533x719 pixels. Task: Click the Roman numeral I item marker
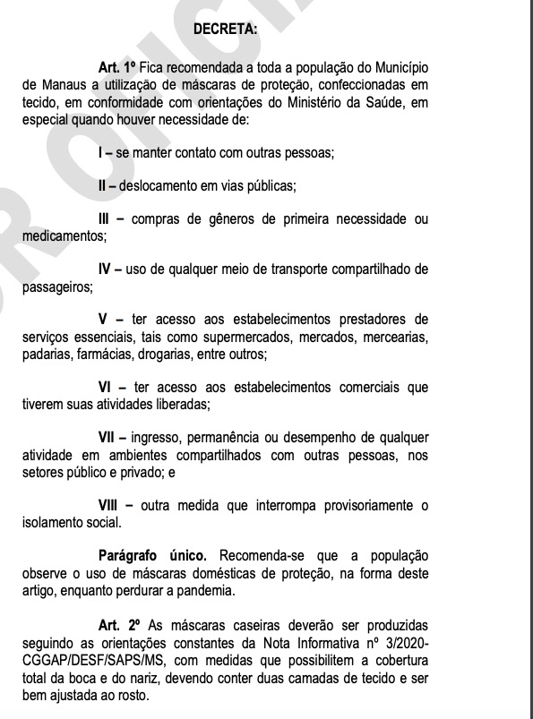point(100,152)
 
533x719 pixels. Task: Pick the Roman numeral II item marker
point(103,186)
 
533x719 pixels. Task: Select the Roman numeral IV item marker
point(106,270)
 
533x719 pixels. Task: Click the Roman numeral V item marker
point(103,320)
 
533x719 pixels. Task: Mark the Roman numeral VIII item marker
point(109,505)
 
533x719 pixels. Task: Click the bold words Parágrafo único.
point(153,555)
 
